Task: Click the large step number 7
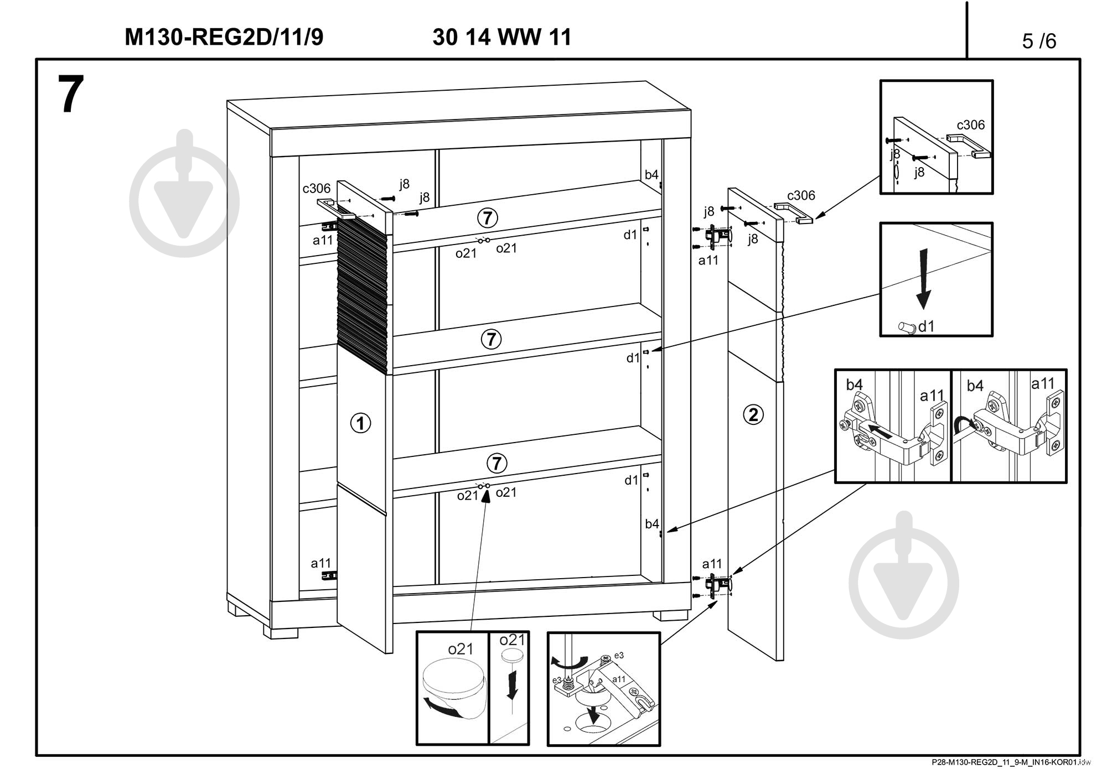tap(71, 95)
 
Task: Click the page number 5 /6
tap(1039, 41)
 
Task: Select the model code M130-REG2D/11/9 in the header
tap(224, 37)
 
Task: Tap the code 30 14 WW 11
tap(501, 37)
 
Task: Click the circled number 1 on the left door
tap(360, 424)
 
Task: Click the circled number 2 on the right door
tap(753, 414)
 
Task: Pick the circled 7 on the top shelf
tap(487, 219)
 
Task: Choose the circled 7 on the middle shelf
tap(491, 339)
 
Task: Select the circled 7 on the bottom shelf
tap(496, 463)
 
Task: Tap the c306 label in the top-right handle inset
tap(971, 125)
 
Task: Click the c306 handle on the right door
tap(794, 212)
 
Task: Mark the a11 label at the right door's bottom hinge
tap(712, 564)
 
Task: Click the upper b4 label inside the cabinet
tap(651, 175)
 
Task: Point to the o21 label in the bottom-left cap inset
tap(461, 649)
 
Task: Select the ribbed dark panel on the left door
tap(361, 288)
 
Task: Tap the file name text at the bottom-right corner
tap(1007, 762)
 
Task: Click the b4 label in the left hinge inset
tap(854, 385)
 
